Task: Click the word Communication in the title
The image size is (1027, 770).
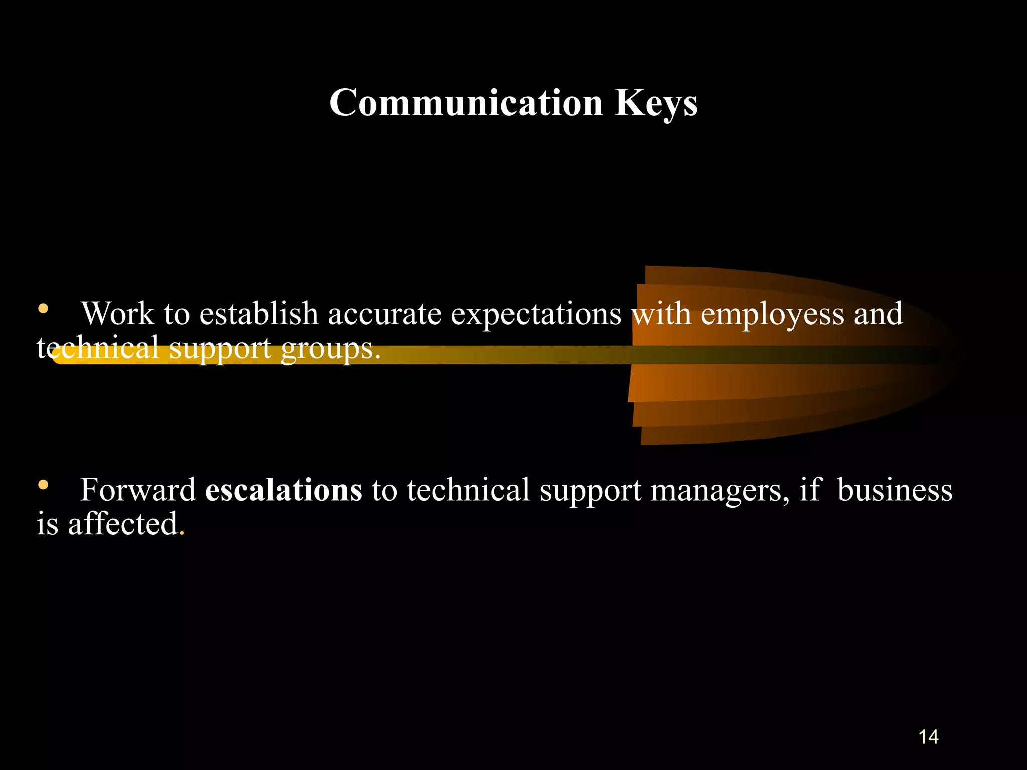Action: pos(466,103)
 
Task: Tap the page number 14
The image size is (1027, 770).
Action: pos(928,737)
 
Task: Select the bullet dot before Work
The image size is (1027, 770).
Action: pos(43,309)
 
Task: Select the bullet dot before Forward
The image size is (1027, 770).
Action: pos(43,485)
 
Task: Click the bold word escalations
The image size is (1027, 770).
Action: pos(283,490)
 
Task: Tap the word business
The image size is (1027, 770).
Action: pos(895,490)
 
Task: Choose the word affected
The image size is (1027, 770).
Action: pos(123,524)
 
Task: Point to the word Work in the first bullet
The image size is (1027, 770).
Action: pos(118,314)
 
